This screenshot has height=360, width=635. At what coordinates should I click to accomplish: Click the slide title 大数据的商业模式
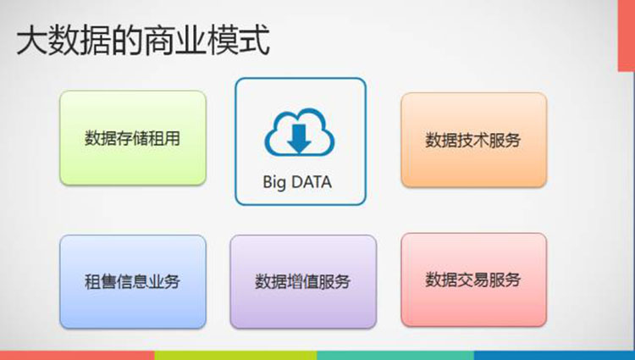[143, 40]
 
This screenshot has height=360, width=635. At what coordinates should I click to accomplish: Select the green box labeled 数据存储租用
[133, 138]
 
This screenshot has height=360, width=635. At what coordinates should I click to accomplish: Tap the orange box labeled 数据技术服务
[474, 140]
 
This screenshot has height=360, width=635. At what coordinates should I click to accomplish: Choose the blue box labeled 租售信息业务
[133, 282]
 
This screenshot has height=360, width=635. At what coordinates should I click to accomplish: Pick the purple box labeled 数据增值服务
[303, 282]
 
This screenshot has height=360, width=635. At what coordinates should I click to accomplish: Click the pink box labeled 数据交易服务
[474, 280]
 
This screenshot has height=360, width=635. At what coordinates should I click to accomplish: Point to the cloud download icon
[300, 132]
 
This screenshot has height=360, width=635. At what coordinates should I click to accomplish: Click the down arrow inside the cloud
[299, 139]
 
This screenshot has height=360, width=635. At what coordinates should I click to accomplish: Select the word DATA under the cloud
[311, 182]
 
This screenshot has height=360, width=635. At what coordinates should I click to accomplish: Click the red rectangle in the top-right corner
[626, 36]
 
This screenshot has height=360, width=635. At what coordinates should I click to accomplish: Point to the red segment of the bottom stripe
[77, 356]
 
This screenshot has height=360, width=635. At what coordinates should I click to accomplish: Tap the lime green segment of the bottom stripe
[235, 356]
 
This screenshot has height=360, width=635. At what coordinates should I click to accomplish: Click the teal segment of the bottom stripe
[395, 356]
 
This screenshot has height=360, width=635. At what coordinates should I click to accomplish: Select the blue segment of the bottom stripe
[555, 356]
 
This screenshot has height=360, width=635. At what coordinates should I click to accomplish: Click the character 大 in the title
[31, 41]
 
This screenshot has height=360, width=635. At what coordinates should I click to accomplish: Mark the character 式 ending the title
[255, 40]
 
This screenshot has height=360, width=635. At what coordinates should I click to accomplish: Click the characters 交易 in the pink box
[473, 280]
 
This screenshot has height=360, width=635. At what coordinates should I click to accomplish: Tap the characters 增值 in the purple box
[303, 282]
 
